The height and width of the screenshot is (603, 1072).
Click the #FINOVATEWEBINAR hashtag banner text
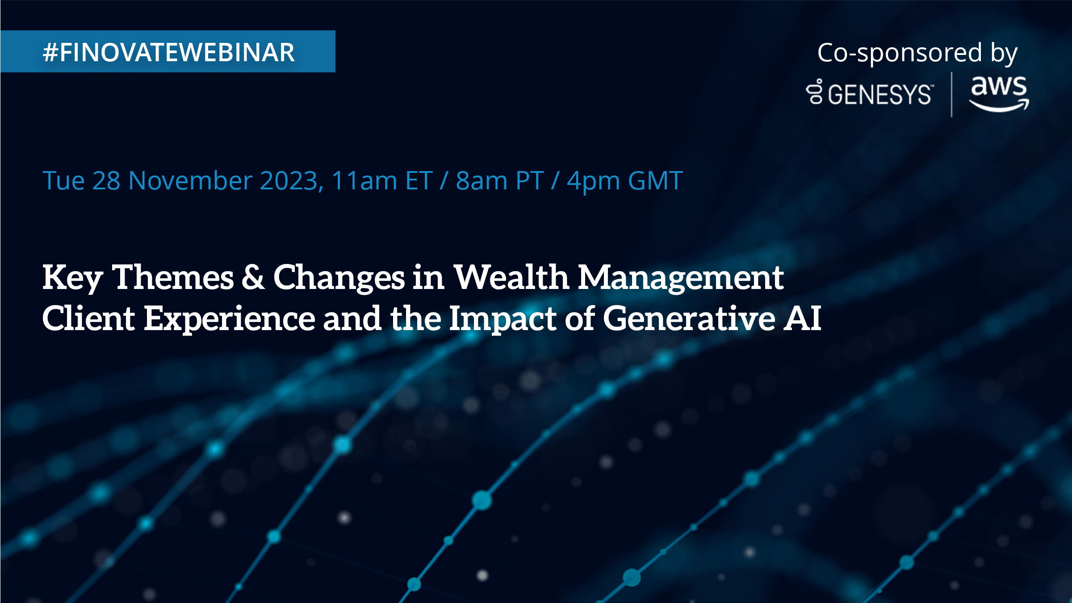click(x=168, y=52)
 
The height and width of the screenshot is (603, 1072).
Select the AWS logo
click(x=999, y=93)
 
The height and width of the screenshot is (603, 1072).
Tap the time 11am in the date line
click(x=364, y=180)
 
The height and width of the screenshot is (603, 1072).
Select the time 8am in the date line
click(x=482, y=180)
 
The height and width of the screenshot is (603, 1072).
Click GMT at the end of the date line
click(x=655, y=180)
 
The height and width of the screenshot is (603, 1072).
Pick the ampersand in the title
click(x=253, y=276)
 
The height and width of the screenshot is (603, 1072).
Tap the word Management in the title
click(x=681, y=278)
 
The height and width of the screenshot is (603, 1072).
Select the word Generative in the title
click(x=689, y=318)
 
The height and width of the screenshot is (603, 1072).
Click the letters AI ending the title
click(x=802, y=318)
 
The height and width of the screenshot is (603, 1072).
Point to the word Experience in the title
click(x=230, y=320)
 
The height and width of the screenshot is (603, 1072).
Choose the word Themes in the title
click(x=172, y=276)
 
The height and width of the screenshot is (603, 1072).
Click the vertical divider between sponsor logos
click(x=951, y=94)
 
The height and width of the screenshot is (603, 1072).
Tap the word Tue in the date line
click(x=63, y=180)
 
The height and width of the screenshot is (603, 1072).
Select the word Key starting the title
click(x=73, y=278)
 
